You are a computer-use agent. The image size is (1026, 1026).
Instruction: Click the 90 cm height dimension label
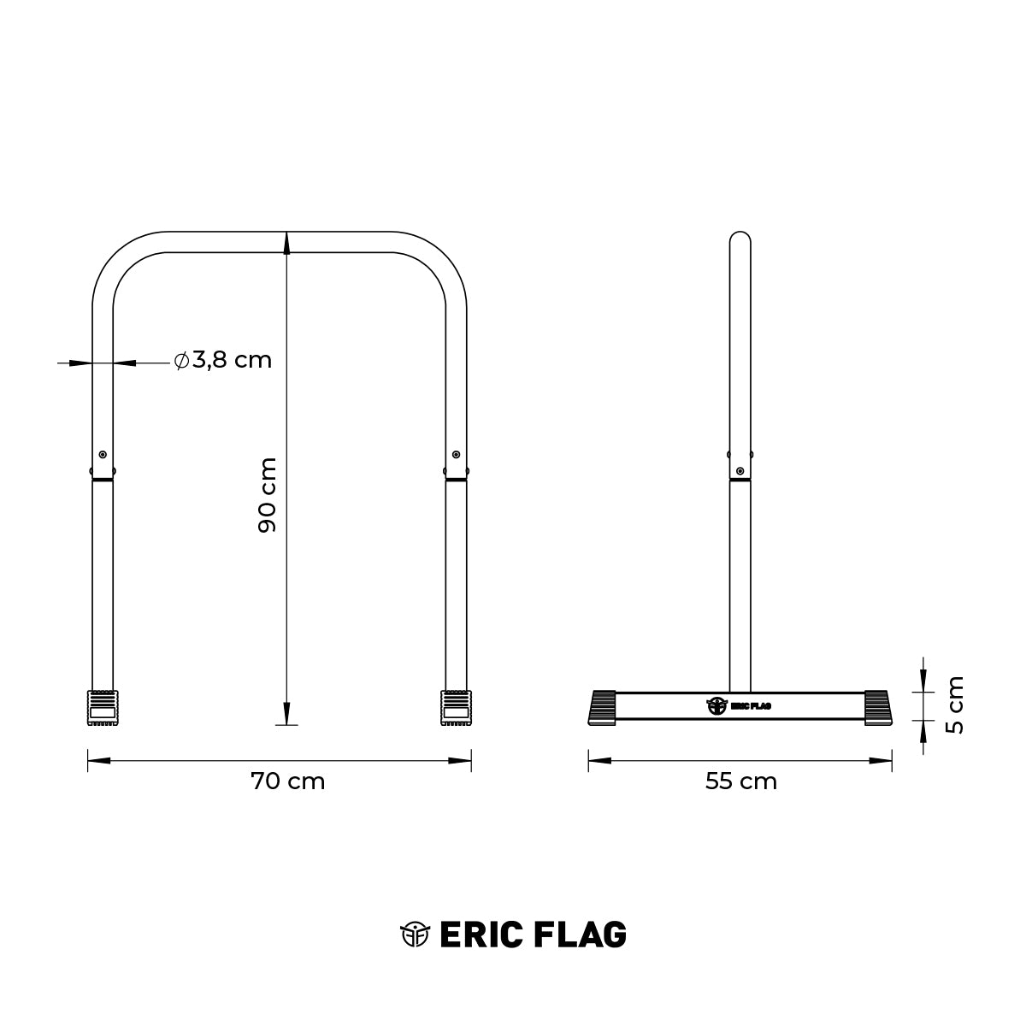point(268,495)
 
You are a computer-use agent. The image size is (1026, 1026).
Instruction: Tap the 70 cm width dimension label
point(288,781)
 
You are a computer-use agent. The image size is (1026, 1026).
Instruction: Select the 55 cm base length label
point(740,781)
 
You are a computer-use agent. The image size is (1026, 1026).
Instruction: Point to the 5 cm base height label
point(955,705)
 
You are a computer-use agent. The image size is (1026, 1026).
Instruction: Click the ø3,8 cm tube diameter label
point(222,360)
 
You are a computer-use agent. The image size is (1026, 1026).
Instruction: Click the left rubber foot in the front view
point(102,707)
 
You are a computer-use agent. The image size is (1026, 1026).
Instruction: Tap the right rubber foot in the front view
point(455,707)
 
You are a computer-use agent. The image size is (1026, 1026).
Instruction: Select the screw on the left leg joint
point(103,454)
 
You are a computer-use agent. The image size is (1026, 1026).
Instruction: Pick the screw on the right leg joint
point(456,454)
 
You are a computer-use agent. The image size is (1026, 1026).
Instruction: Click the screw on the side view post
point(740,470)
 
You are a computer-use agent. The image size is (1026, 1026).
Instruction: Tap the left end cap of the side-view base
point(603,707)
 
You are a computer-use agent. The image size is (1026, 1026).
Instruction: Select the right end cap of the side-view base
point(878,707)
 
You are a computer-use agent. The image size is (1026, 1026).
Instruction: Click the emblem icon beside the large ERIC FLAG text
point(415,935)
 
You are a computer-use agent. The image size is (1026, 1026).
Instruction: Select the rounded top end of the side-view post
point(740,238)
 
